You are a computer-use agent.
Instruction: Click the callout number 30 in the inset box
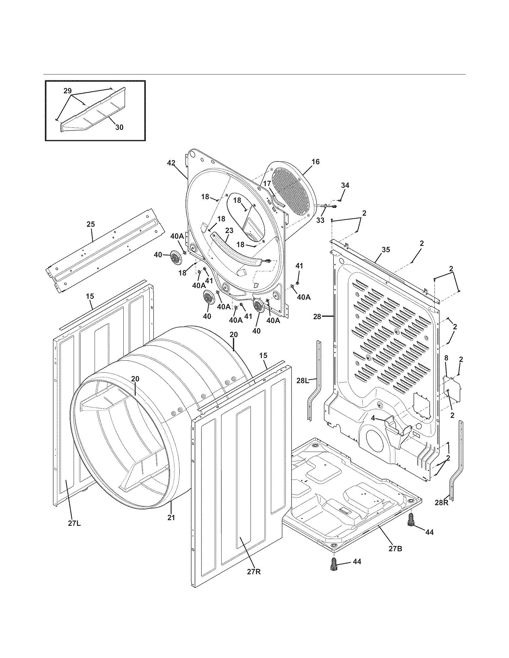click(x=119, y=127)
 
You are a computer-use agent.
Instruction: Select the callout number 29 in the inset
click(x=68, y=90)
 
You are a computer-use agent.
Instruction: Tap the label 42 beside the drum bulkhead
click(x=171, y=163)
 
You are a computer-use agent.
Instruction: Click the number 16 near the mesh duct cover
click(x=315, y=162)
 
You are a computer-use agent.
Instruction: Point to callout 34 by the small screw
click(x=345, y=186)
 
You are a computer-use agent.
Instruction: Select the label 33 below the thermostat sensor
click(x=320, y=220)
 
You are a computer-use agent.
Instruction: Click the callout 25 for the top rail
click(x=90, y=224)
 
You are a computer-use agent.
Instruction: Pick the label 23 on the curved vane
click(x=229, y=231)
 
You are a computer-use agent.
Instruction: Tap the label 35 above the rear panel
click(x=386, y=249)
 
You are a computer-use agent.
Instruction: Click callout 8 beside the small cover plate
click(x=446, y=358)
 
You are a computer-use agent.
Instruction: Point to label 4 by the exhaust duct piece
click(x=373, y=418)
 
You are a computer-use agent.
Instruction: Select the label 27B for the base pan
click(x=395, y=549)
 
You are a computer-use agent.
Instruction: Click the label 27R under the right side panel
click(x=254, y=580)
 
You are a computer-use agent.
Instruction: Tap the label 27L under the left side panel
click(x=74, y=523)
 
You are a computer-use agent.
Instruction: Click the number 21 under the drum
click(x=171, y=517)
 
